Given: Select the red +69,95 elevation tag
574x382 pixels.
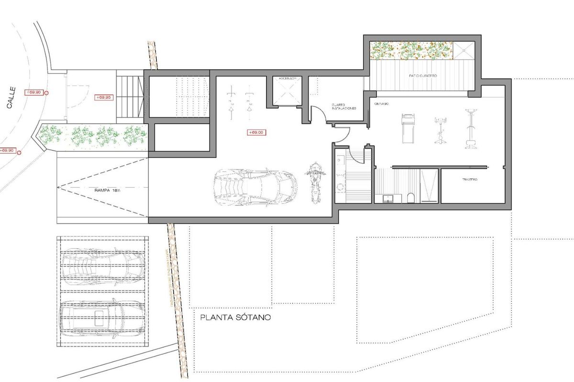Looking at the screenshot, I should coord(103,97).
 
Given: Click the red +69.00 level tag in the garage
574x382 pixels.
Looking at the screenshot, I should coord(256,133).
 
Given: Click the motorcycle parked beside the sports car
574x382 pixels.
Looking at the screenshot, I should coord(314,182).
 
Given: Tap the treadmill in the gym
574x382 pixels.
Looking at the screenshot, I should coord(408,127).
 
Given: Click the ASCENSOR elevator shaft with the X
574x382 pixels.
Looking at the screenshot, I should coord(287,91).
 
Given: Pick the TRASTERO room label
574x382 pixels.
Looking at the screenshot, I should coord(470,180).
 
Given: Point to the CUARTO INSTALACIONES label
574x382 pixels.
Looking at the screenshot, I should coord(343,107).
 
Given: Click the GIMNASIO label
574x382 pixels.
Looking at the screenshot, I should coord(381,104).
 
